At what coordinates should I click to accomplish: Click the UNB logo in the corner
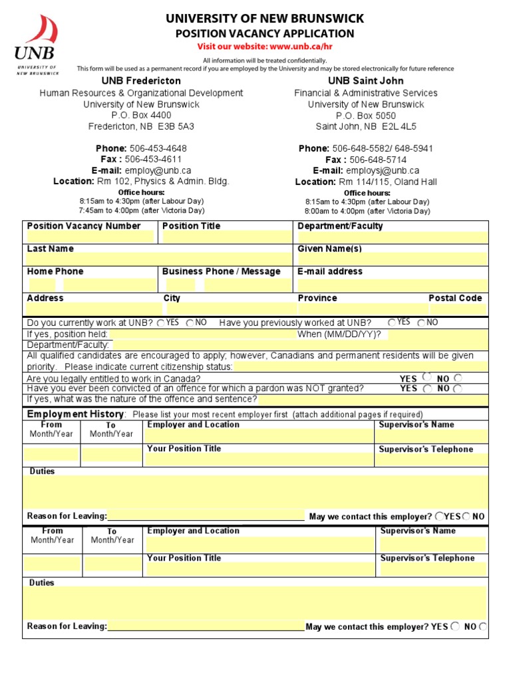[x=36, y=45]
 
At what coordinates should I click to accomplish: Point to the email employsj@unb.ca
[x=383, y=171]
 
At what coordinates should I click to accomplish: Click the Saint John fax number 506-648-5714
[x=378, y=160]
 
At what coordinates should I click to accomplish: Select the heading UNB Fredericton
[x=141, y=81]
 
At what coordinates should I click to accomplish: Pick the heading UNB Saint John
[x=365, y=81]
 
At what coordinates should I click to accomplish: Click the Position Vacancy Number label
[x=84, y=226]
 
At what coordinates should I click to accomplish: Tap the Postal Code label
[x=455, y=298]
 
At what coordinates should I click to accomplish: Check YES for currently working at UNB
[x=161, y=323]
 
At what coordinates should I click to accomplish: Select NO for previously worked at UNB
[x=421, y=323]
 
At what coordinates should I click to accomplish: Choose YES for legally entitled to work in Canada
[x=426, y=376]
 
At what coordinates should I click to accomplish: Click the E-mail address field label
[x=330, y=271]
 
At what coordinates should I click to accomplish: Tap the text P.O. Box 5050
[x=365, y=115]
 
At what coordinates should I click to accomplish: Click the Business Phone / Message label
[x=222, y=271]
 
